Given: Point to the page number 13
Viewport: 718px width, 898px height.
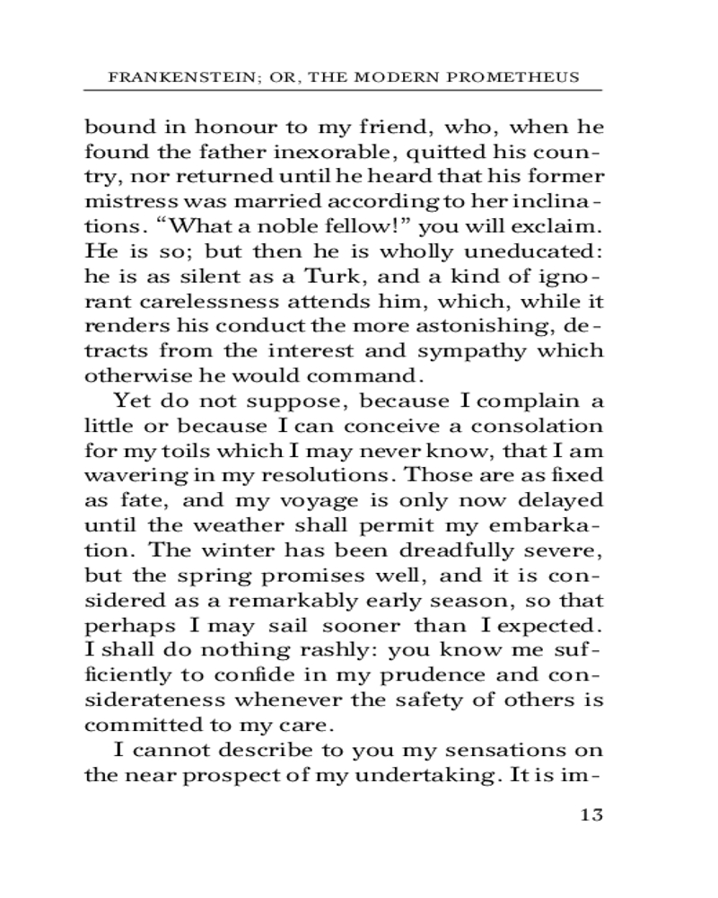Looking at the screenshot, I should tap(591, 814).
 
